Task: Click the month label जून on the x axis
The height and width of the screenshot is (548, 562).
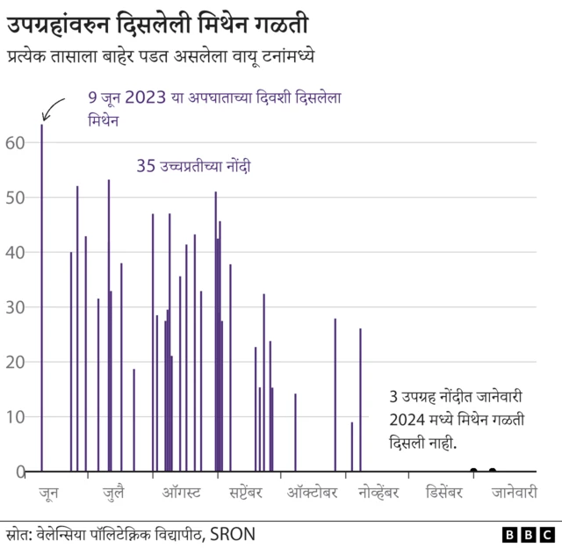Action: pyautogui.click(x=49, y=493)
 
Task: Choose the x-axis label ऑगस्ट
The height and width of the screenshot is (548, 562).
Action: pyautogui.click(x=182, y=493)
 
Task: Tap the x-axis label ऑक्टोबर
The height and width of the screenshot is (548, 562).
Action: pyautogui.click(x=312, y=493)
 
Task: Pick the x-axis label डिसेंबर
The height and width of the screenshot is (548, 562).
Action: pyautogui.click(x=443, y=493)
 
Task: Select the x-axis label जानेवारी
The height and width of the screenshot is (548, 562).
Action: pyautogui.click(x=514, y=493)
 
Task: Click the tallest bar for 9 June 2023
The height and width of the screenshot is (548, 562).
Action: pyautogui.click(x=41, y=299)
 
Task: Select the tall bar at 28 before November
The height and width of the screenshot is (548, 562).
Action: pyautogui.click(x=335, y=395)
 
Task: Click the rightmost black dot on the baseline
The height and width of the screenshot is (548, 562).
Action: pyautogui.click(x=492, y=471)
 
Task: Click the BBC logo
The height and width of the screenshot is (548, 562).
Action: pyautogui.click(x=527, y=534)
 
